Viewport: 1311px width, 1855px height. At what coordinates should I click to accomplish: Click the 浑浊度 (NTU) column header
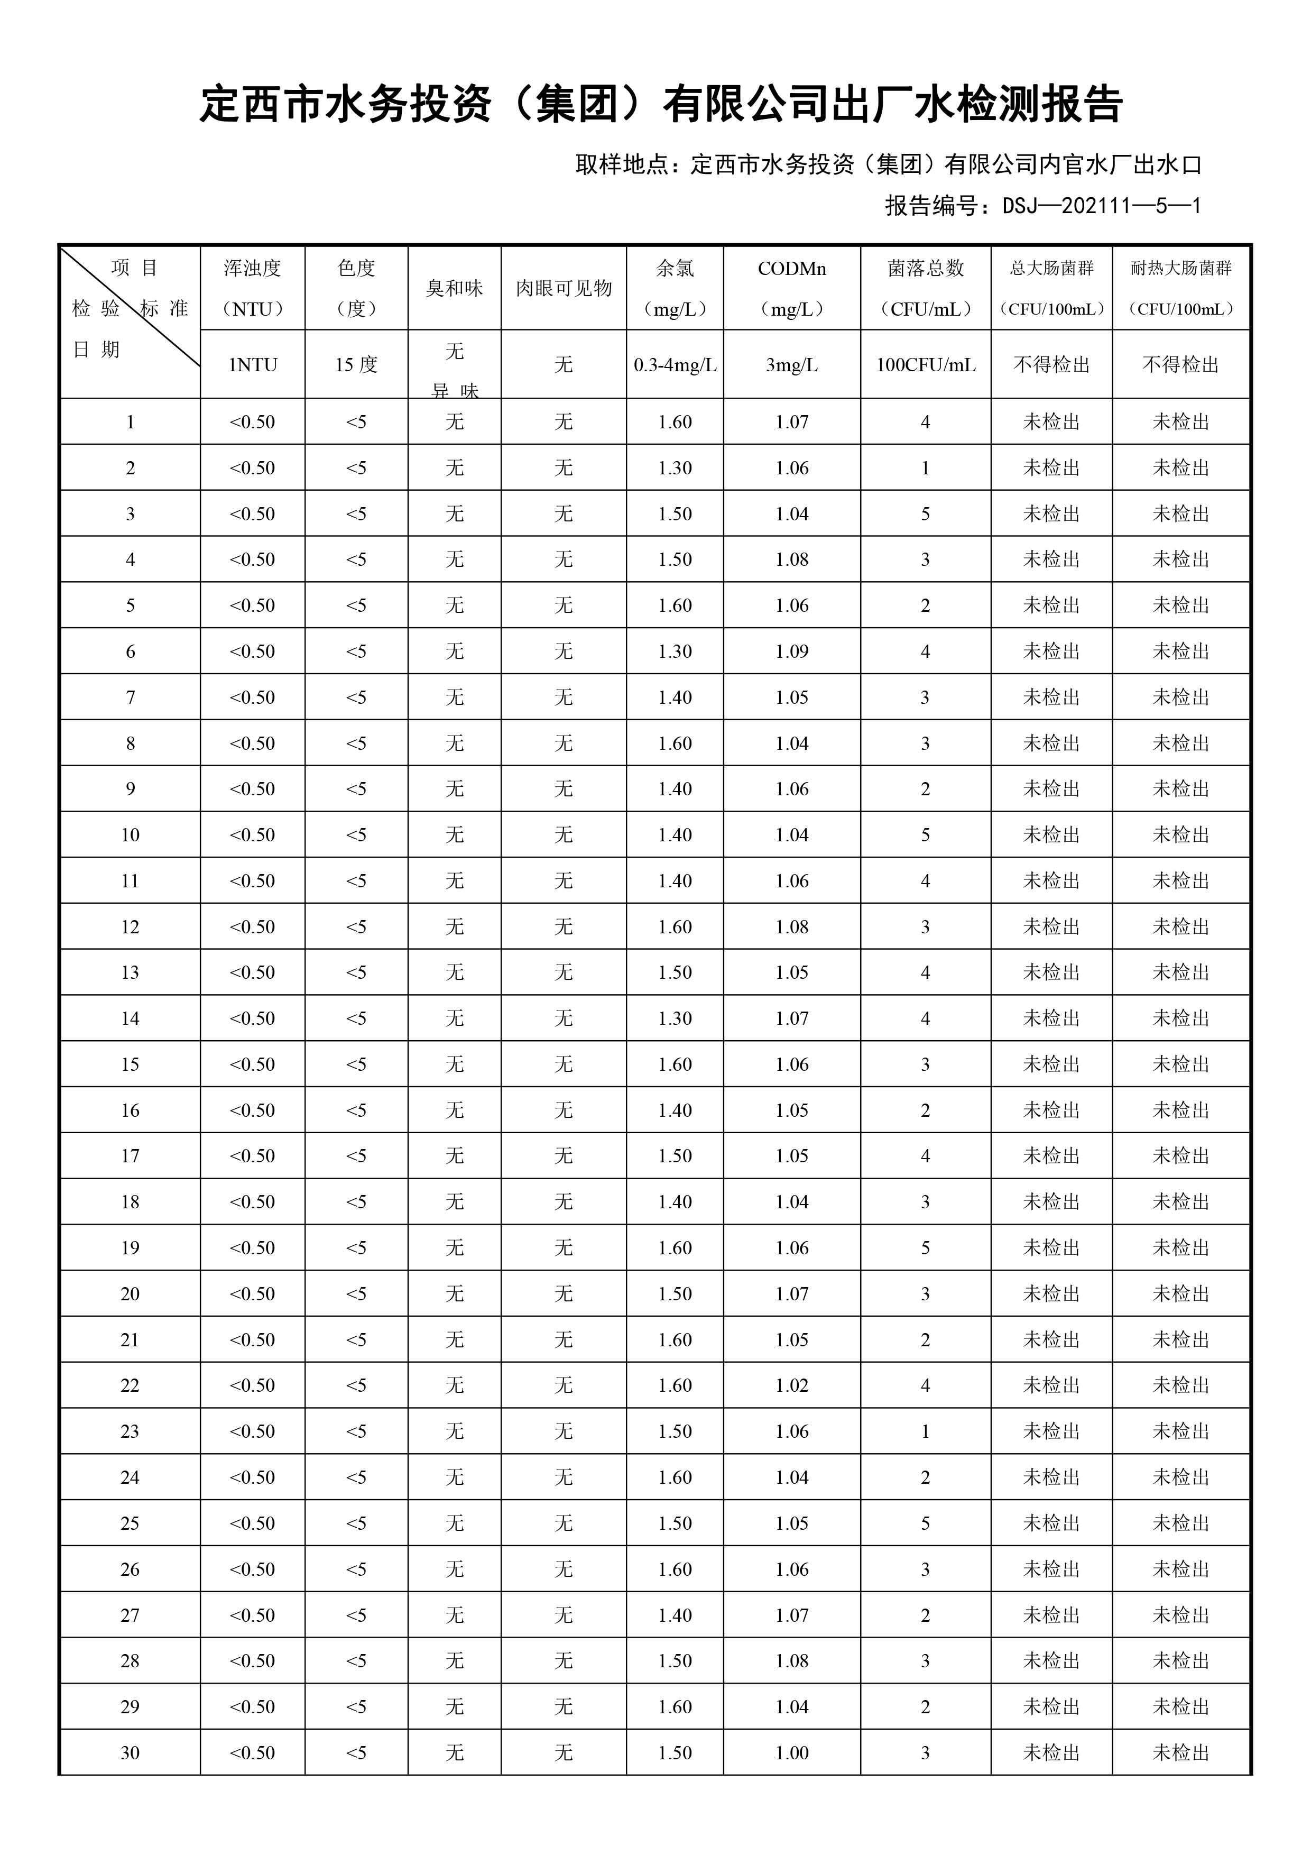click(252, 288)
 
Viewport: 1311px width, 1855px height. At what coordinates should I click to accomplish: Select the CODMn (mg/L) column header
click(791, 288)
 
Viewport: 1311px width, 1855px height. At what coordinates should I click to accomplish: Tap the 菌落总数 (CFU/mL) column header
click(925, 288)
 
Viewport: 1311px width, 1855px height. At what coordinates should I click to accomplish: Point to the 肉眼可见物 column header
click(563, 288)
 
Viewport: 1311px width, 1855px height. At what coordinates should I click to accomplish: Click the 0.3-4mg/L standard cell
click(675, 365)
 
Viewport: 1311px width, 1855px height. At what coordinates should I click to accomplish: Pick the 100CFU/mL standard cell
click(925, 365)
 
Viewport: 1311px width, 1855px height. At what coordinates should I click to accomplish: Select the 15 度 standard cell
click(356, 365)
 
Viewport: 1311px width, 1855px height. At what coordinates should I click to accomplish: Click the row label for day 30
click(130, 1753)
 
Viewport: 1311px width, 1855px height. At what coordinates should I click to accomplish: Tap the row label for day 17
click(130, 1156)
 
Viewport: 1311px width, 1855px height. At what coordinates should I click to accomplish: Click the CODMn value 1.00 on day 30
click(791, 1753)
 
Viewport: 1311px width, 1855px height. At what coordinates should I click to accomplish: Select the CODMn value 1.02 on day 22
click(791, 1385)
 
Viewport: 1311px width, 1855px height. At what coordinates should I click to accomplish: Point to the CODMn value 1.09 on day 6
click(791, 651)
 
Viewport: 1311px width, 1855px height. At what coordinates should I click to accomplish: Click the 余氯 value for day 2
click(675, 468)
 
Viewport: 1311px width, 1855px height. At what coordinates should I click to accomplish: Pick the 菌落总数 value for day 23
click(925, 1431)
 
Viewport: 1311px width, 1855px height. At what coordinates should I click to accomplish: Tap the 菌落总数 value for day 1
click(925, 422)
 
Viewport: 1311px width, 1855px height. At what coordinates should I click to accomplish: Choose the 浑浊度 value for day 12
click(252, 926)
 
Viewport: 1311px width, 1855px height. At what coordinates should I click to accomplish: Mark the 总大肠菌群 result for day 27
click(1051, 1615)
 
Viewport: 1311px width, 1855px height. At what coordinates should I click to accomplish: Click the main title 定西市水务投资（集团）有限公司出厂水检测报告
click(661, 105)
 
